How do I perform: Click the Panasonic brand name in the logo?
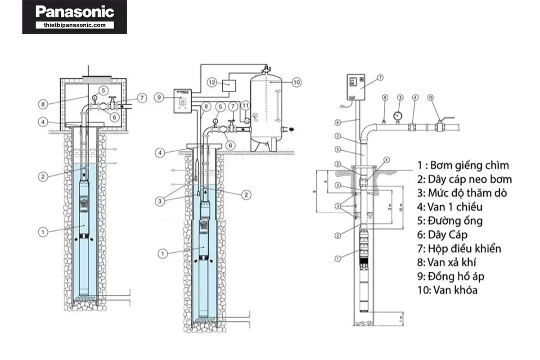point(74,12)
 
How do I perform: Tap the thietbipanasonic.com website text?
point(75,25)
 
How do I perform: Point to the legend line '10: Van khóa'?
point(447,290)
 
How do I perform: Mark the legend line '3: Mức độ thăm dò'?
point(462,193)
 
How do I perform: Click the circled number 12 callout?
point(213,82)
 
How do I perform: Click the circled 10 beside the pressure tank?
point(296,82)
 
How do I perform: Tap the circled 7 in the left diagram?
point(141,98)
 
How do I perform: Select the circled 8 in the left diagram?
point(42,103)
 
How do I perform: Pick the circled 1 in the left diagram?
point(42,232)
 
